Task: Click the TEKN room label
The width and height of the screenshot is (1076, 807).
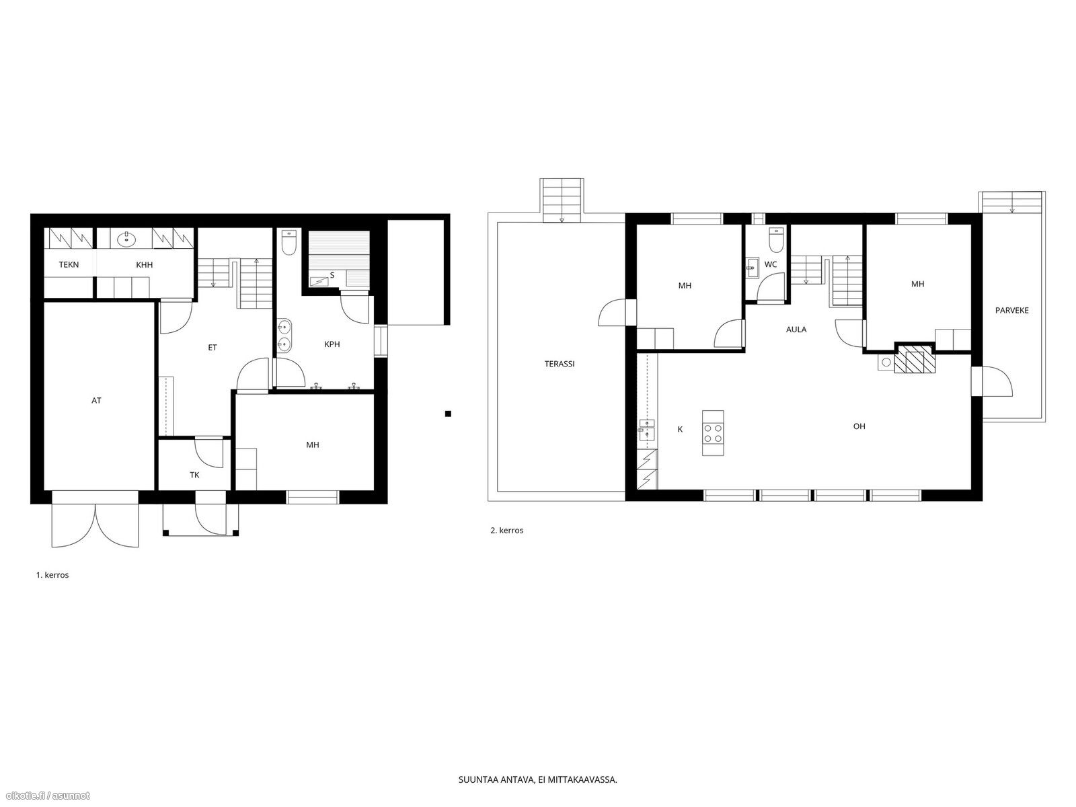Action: click(x=69, y=264)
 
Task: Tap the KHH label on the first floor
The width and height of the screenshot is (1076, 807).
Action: click(x=144, y=264)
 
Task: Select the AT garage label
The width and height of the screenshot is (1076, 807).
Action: click(x=96, y=400)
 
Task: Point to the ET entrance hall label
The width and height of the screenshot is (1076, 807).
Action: click(x=213, y=348)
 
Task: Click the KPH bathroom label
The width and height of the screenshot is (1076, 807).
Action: click(x=332, y=344)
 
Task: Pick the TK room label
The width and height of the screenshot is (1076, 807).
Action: click(x=194, y=475)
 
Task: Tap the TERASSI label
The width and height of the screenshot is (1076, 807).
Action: click(x=560, y=364)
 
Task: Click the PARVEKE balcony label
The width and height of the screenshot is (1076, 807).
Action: click(x=1012, y=310)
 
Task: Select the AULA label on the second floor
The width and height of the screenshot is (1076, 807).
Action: click(x=796, y=330)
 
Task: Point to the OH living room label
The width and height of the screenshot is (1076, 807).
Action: click(x=859, y=426)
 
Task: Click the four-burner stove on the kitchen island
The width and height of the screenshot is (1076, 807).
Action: click(x=713, y=432)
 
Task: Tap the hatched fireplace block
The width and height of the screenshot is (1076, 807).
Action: click(x=909, y=362)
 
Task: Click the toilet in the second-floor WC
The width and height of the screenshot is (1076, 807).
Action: click(x=777, y=239)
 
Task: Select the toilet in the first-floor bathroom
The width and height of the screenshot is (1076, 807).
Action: click(x=289, y=243)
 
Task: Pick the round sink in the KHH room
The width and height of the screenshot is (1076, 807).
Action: click(x=127, y=239)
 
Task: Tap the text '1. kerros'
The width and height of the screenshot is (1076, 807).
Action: click(x=52, y=575)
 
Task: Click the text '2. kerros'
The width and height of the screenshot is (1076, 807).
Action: click(x=507, y=530)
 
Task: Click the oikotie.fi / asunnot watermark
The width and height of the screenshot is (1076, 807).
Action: click(x=46, y=796)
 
